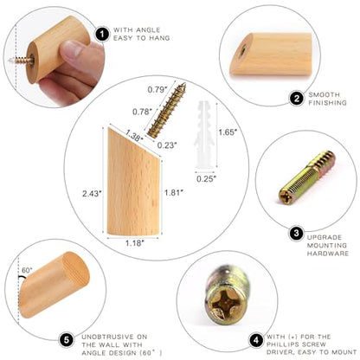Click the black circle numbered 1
102,34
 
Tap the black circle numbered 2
297,99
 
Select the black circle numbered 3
296,233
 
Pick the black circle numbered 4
256,340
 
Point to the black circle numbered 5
67,340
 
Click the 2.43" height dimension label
92,193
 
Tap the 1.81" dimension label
174,192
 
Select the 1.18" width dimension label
134,243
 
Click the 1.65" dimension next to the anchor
228,132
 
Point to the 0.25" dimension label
206,179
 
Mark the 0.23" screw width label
167,145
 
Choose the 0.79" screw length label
157,89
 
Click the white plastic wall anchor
204,136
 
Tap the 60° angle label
27,270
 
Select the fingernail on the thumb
72,49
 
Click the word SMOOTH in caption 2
324,94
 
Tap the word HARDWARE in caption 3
328,254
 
